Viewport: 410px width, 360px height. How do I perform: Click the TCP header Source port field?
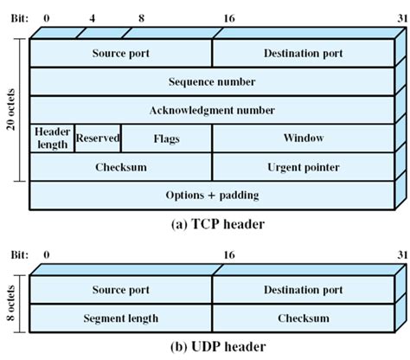pyautogui.click(x=121, y=54)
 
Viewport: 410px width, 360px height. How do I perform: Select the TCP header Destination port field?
pyautogui.click(x=303, y=54)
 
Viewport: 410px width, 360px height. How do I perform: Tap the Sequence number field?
pyautogui.click(x=211, y=81)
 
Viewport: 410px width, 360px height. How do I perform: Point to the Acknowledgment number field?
pyautogui.click(x=211, y=110)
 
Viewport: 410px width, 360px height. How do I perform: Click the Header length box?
pyautogui.click(x=52, y=138)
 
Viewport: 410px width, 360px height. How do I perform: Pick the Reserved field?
pyautogui.click(x=98, y=138)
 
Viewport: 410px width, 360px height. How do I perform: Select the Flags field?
pyautogui.click(x=167, y=138)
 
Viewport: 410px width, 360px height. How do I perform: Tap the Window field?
pyautogui.click(x=303, y=138)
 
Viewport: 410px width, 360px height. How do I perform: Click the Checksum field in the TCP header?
pyautogui.click(x=121, y=167)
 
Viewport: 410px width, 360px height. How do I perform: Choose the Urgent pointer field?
pyautogui.click(x=303, y=167)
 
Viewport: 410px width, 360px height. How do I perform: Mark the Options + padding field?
pyautogui.click(x=211, y=196)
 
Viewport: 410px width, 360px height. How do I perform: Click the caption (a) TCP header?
pyautogui.click(x=211, y=224)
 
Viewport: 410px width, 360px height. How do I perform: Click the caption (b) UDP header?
pyautogui.click(x=211, y=346)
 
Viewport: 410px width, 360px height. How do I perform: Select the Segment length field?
pyautogui.click(x=121, y=318)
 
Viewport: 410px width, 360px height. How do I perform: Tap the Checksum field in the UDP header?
pyautogui.click(x=303, y=318)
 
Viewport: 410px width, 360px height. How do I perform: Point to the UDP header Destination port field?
pyautogui.click(x=303, y=290)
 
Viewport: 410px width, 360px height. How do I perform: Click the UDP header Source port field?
pyautogui.click(x=121, y=290)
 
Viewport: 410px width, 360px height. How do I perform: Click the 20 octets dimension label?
pyautogui.click(x=10, y=110)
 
